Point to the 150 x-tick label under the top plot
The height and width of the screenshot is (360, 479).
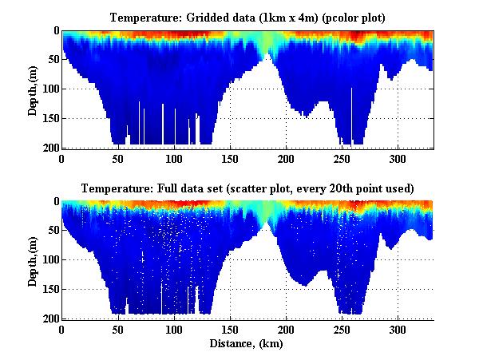pos(230,158)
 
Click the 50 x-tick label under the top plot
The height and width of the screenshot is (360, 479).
pos(118,158)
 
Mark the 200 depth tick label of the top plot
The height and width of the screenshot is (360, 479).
pos(50,148)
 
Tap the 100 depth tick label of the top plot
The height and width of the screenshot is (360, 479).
pos(50,89)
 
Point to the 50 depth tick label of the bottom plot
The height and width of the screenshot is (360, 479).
pos(53,231)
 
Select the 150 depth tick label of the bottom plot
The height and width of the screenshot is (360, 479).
pos(50,290)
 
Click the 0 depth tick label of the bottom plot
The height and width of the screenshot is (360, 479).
pos(56,202)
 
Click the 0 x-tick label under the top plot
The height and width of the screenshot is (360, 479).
pos(62,158)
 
